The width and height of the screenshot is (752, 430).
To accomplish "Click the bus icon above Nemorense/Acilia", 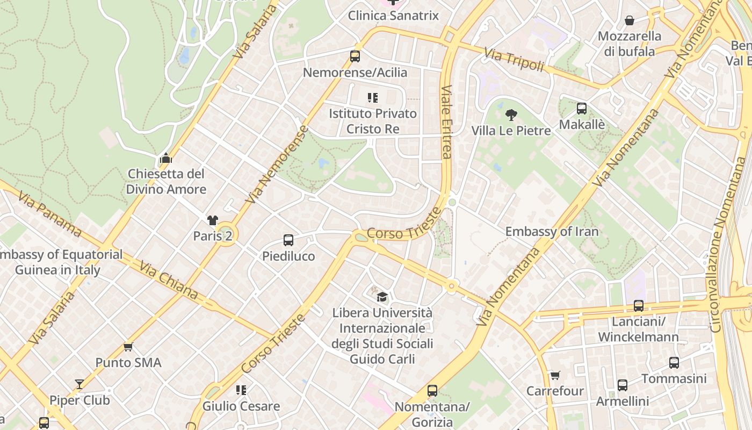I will click(355, 56).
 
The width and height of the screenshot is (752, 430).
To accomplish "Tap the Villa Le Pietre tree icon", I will click(511, 114).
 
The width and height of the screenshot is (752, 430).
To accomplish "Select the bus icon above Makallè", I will click(581, 109).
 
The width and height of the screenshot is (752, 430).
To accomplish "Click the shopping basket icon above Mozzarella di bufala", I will click(629, 21).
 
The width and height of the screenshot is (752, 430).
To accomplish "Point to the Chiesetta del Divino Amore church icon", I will click(165, 159).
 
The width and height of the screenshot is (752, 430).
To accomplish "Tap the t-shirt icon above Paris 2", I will click(213, 220).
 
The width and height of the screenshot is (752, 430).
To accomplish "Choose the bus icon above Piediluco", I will click(288, 240).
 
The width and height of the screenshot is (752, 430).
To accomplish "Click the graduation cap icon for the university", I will click(382, 297).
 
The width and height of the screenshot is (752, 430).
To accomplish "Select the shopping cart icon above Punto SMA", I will click(128, 347).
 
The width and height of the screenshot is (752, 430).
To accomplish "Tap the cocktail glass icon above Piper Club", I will click(79, 384).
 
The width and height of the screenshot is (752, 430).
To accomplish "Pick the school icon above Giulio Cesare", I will click(241, 390).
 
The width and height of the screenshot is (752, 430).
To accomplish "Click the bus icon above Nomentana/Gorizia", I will click(432, 391).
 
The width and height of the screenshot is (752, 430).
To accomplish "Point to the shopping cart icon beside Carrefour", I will click(554, 375).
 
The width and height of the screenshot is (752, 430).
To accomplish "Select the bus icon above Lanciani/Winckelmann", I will click(638, 306).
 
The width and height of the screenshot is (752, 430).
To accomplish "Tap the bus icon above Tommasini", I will click(674, 363).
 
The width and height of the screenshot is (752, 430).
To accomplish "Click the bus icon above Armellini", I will click(622, 385).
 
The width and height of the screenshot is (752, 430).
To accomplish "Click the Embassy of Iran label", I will click(552, 232).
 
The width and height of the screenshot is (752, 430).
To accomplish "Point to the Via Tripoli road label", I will click(514, 60).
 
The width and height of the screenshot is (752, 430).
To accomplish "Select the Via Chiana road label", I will click(168, 281).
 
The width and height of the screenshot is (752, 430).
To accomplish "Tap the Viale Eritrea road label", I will click(446, 123).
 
